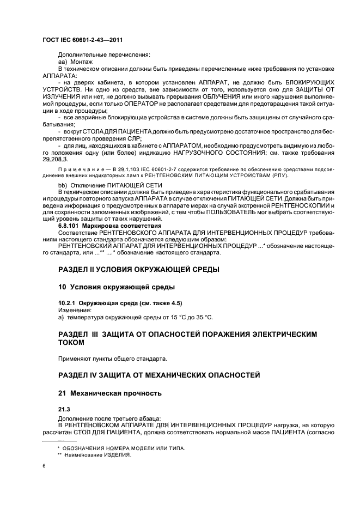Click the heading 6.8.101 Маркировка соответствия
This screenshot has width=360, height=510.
point(109,225)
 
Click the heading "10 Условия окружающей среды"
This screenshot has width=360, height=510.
point(116,287)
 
